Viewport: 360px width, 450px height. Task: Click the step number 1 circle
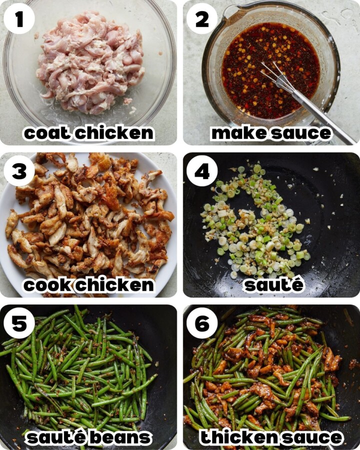point(19,19)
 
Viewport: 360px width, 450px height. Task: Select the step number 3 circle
point(19,171)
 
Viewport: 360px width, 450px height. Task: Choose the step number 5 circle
point(19,323)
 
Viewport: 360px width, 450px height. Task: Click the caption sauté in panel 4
point(273,285)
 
